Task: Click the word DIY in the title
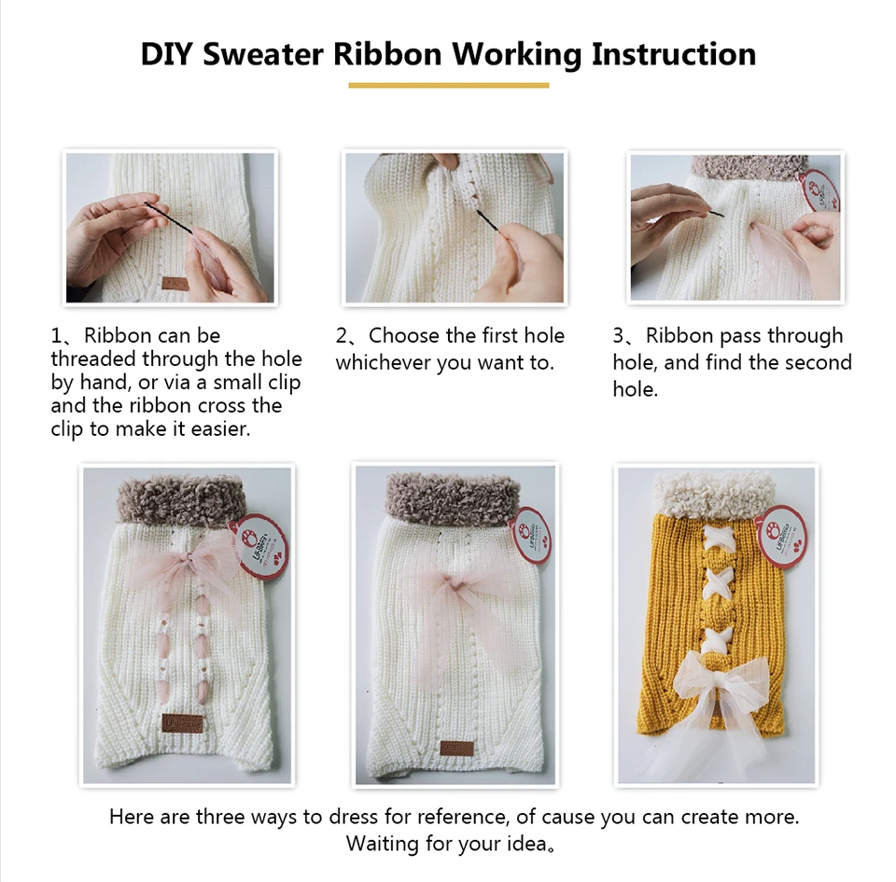[x=166, y=54]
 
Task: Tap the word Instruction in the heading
[x=674, y=54]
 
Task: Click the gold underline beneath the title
[x=449, y=86]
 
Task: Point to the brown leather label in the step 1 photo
[x=175, y=283]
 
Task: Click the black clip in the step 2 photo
[x=487, y=220]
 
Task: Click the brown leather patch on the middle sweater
[x=456, y=748]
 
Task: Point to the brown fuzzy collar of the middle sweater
[x=455, y=496]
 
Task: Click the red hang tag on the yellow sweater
[x=781, y=539]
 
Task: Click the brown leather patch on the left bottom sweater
[x=182, y=722]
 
